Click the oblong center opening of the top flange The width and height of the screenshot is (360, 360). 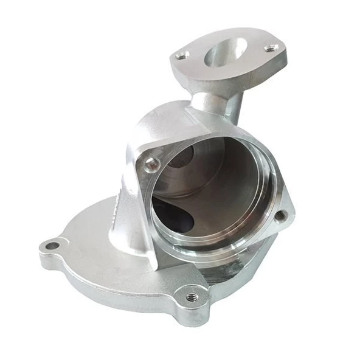tap(226, 54)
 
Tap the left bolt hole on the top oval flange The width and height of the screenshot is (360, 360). tap(181, 55)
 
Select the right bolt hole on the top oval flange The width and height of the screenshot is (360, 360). tap(271, 47)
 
